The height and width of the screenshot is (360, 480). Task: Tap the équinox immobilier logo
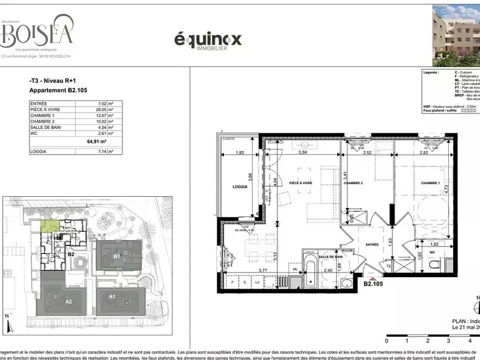(207, 40)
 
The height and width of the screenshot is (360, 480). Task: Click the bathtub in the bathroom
(310, 273)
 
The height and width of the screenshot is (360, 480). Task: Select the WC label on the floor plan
(431, 253)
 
